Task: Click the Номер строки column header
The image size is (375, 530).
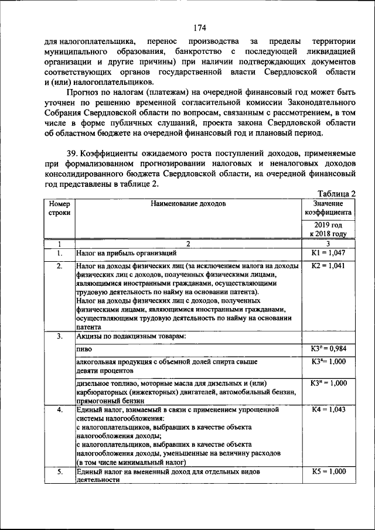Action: point(59,208)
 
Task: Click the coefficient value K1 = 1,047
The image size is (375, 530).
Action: point(328,254)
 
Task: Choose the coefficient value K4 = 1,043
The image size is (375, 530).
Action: point(328,410)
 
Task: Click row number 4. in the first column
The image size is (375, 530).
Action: point(59,410)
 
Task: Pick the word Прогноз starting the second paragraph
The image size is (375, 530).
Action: point(83,93)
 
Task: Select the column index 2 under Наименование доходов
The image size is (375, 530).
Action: point(188,243)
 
